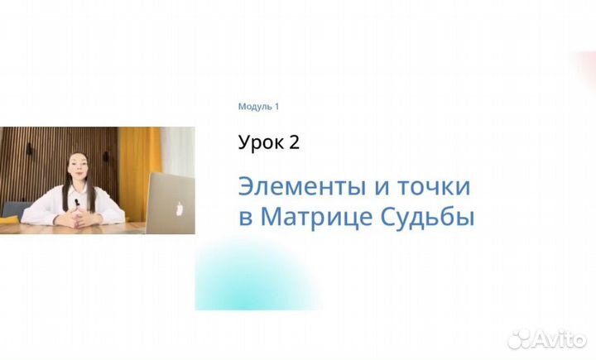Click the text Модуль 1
tap(258, 107)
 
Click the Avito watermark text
tap(559, 338)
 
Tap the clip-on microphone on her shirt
tap(76, 202)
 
